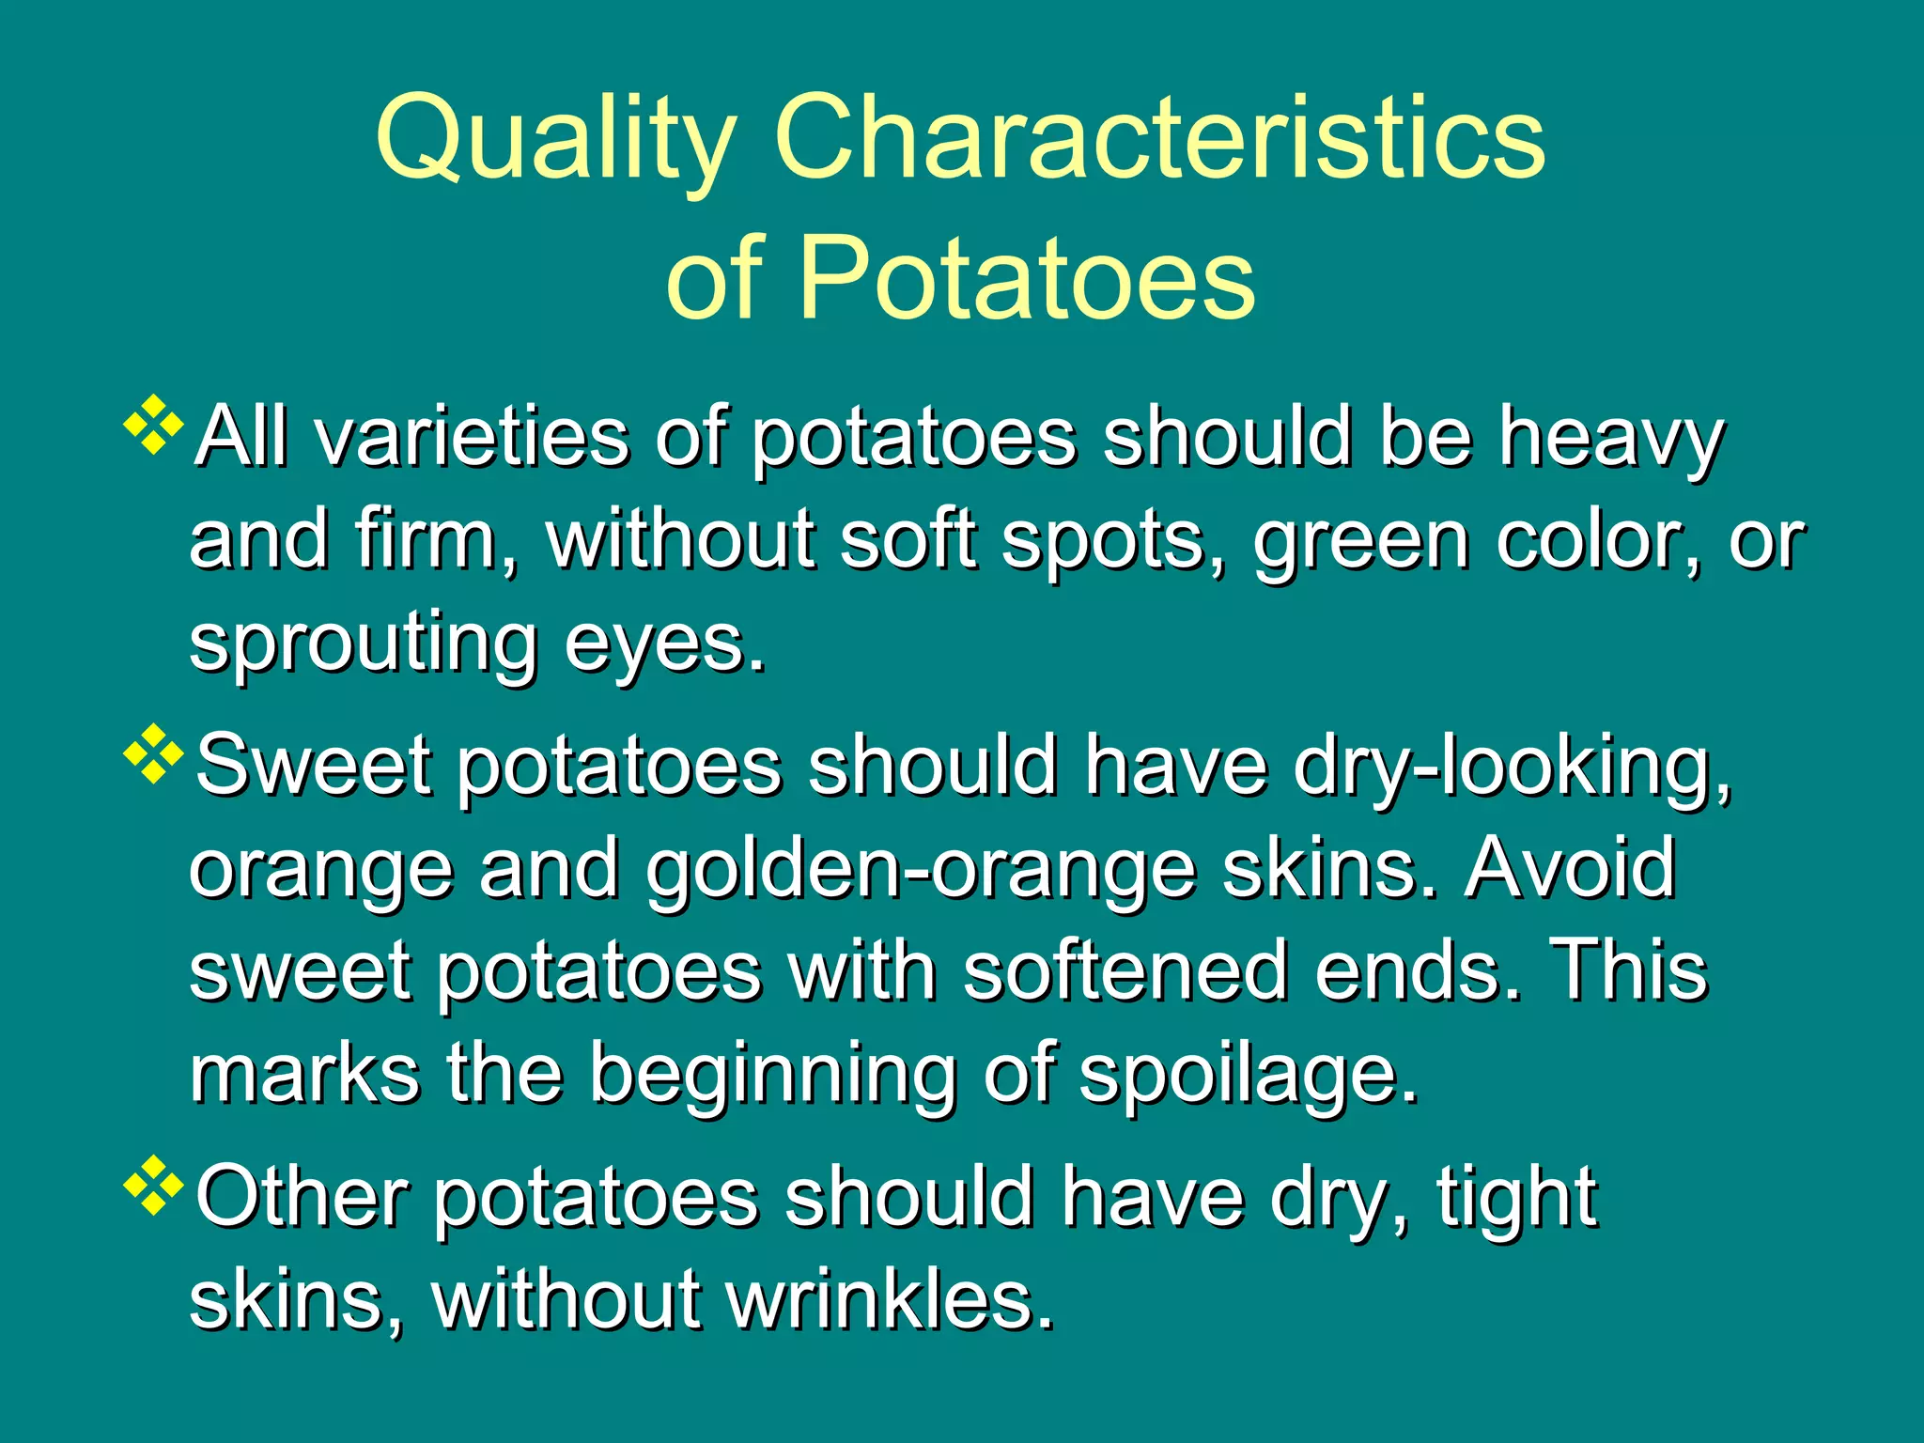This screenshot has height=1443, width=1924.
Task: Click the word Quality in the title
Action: pyautogui.click(x=554, y=141)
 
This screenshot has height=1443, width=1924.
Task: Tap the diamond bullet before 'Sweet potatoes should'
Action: pyautogui.click(x=153, y=754)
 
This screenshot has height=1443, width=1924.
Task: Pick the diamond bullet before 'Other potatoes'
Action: pyautogui.click(x=153, y=1187)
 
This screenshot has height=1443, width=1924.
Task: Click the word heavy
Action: pyautogui.click(x=1610, y=440)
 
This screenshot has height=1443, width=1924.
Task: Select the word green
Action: pyautogui.click(x=1361, y=542)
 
